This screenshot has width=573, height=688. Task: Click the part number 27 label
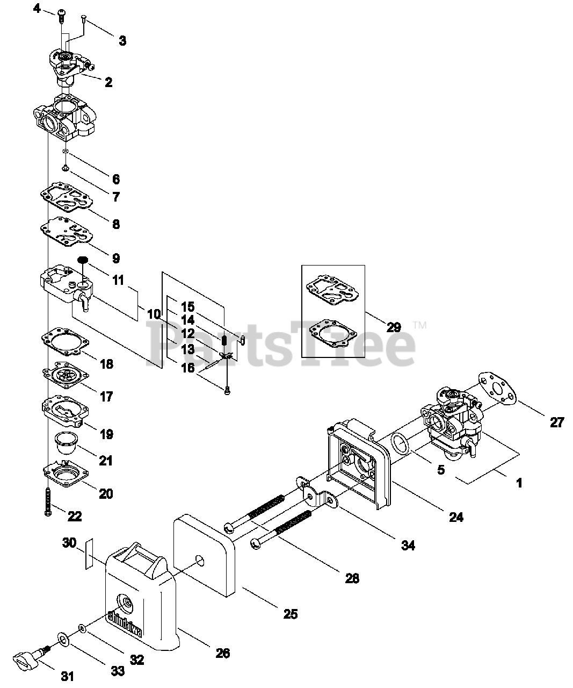click(x=557, y=422)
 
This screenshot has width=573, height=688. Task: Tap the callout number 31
click(x=67, y=677)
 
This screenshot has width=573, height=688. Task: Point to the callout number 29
click(x=393, y=327)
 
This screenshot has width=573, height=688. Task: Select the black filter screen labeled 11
click(x=82, y=260)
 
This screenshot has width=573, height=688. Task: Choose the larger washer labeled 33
click(x=63, y=639)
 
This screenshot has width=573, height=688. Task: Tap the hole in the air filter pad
click(x=200, y=562)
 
